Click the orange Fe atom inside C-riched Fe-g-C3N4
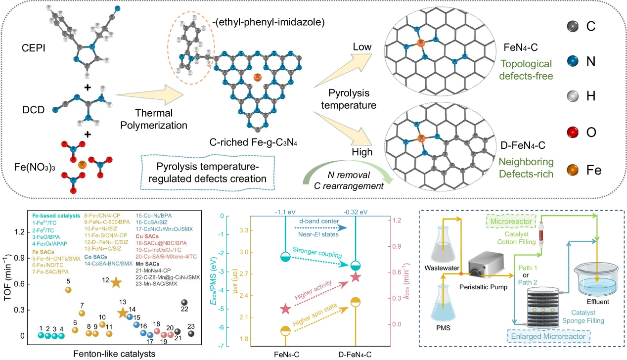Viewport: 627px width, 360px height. click(x=256, y=78)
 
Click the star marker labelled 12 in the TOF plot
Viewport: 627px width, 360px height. click(x=116, y=282)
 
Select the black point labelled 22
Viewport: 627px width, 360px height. click(x=184, y=303)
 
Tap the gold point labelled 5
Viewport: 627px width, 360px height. click(x=69, y=290)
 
